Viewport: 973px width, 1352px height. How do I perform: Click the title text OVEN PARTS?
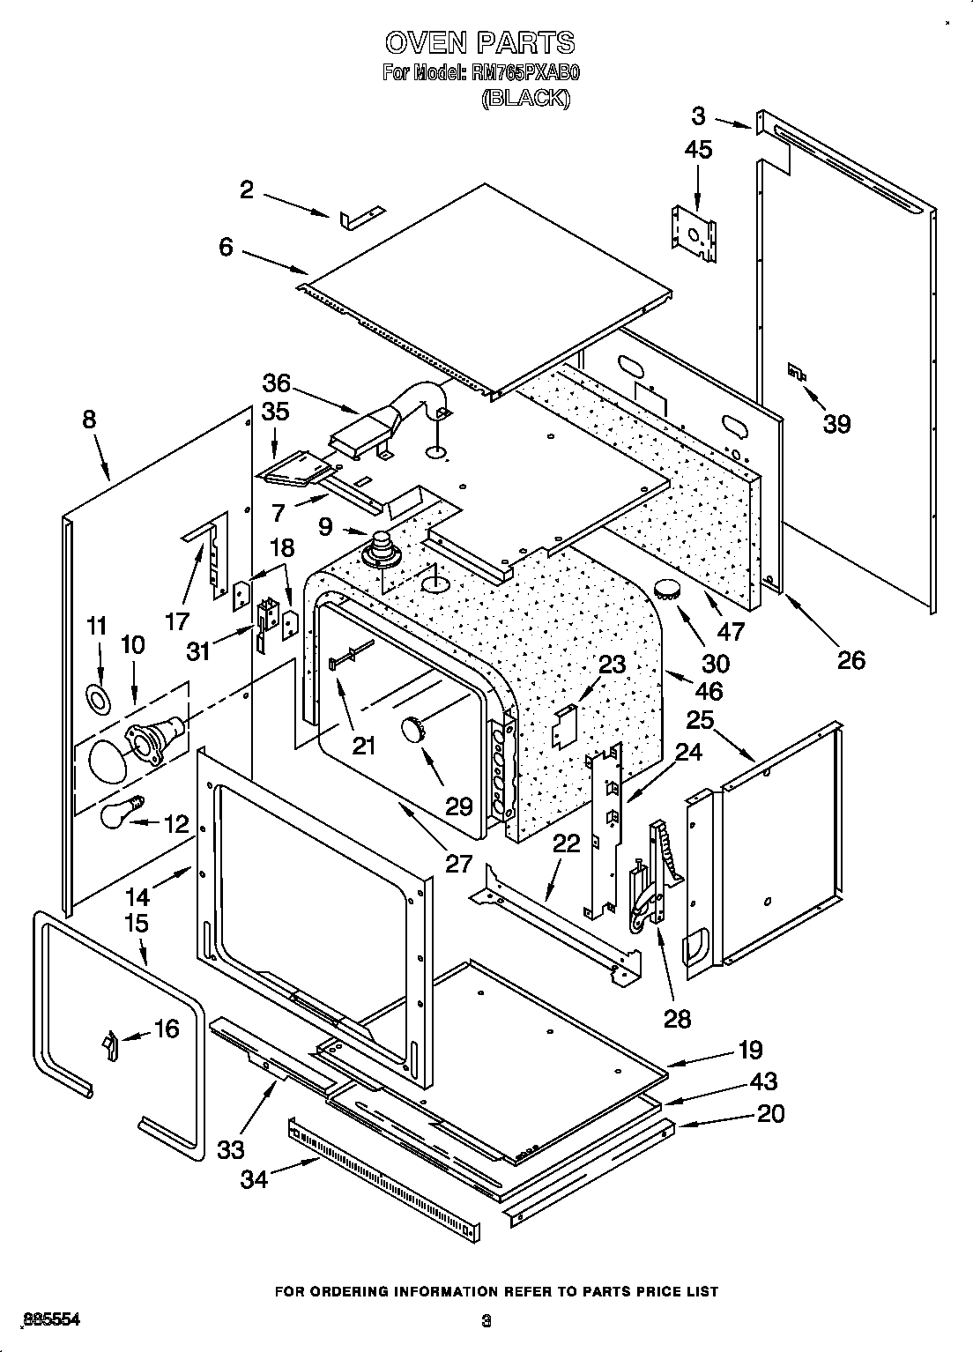coord(479,42)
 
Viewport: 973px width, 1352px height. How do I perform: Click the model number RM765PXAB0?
coord(525,73)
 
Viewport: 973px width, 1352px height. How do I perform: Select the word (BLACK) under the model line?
coord(525,99)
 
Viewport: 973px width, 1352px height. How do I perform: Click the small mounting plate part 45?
coord(693,234)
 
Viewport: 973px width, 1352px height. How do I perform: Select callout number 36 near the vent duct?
coord(276,383)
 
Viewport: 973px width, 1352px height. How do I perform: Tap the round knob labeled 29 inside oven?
coord(413,728)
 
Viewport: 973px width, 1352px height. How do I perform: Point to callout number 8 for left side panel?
coord(89,420)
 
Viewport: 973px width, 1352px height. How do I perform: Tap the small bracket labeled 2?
coord(362,216)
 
